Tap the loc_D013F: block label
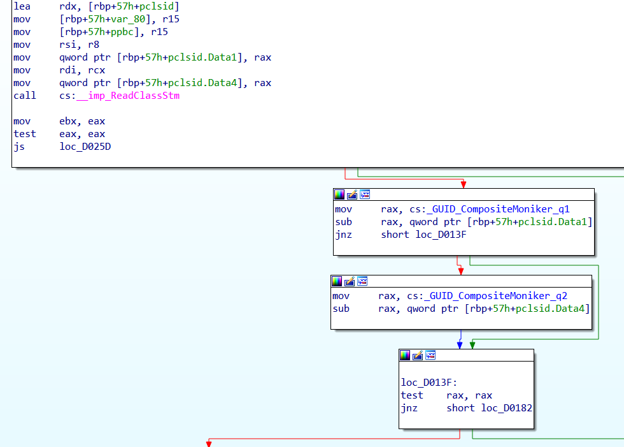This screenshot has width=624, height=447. point(429,383)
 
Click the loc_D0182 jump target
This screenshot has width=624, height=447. point(507,408)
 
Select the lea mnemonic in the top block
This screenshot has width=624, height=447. point(21,6)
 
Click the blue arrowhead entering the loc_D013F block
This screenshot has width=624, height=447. point(460,345)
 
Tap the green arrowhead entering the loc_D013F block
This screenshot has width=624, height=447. point(472,345)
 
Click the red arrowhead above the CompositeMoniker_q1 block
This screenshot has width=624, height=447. point(464,184)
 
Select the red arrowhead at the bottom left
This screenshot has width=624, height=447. point(208,443)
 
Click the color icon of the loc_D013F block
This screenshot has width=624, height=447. point(405,355)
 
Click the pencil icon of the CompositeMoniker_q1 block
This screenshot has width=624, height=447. point(352,194)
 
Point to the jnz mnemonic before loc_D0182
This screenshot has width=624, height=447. point(409,408)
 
